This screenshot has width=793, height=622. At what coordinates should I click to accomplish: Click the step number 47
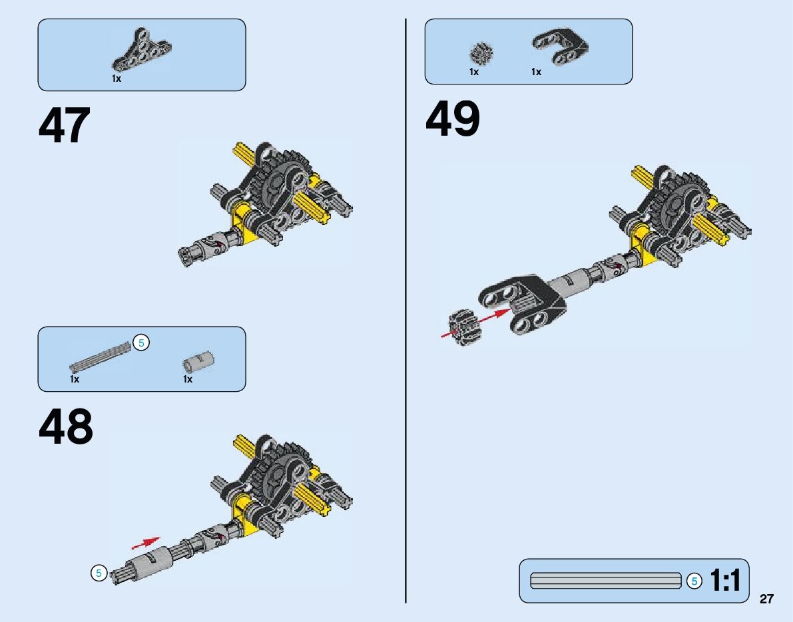(x=65, y=126)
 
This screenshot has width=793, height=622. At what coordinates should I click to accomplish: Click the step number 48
(x=66, y=427)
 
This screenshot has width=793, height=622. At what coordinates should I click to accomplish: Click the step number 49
(x=453, y=119)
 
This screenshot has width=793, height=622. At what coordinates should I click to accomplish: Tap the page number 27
(x=766, y=599)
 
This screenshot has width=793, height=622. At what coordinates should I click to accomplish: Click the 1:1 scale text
(x=725, y=581)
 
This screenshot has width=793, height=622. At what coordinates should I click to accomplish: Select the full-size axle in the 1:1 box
(x=605, y=581)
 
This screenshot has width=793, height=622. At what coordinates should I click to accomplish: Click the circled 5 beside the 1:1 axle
(x=694, y=581)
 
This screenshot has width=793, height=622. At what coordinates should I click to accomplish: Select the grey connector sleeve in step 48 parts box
(x=198, y=361)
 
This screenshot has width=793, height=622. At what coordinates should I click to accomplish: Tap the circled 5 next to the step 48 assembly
(x=99, y=573)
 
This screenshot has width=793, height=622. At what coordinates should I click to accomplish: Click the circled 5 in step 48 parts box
(x=141, y=343)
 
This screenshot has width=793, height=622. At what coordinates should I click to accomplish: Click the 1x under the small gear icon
(x=474, y=72)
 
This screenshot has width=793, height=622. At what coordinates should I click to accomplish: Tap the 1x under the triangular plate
(x=117, y=78)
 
